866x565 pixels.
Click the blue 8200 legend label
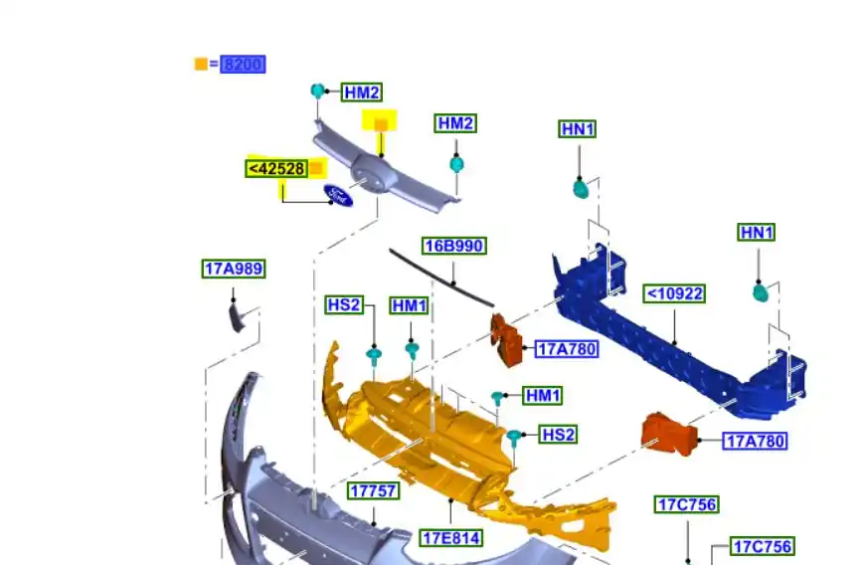243,65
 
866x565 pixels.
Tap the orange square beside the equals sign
201,64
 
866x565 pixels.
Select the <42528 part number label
276,169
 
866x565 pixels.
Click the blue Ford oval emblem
338,196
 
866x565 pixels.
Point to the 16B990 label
454,246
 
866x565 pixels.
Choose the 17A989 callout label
234,269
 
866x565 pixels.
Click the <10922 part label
674,293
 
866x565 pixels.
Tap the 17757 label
374,491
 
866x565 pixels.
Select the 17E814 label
451,538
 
